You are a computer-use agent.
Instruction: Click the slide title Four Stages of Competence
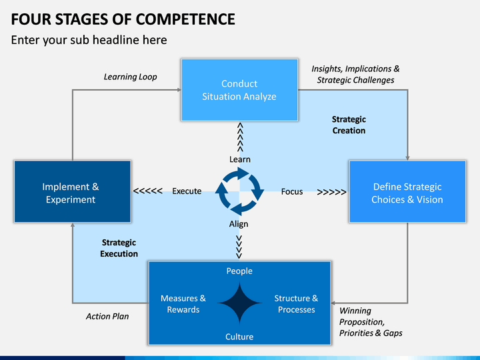[x=123, y=18]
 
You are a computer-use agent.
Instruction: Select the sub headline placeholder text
[x=89, y=40]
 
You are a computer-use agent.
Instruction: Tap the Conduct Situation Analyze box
[x=239, y=90]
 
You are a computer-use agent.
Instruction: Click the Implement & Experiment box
[x=71, y=193]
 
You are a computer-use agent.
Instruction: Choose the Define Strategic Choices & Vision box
[x=407, y=193]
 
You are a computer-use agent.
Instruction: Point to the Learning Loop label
[x=130, y=77]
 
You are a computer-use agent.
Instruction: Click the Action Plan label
[x=107, y=316]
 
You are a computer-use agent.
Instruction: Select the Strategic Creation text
[x=349, y=125]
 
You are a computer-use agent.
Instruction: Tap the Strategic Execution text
[x=119, y=248]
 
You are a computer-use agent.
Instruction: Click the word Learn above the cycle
[x=239, y=159]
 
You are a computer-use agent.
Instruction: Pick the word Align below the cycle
[x=239, y=224]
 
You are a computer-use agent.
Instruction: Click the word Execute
[x=187, y=191]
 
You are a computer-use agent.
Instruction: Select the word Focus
[x=291, y=191]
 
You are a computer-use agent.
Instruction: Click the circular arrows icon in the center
[x=239, y=191]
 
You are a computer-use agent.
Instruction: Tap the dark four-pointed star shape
[x=239, y=304]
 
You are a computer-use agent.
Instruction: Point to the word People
[x=239, y=271]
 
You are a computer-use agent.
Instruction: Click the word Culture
[x=239, y=337]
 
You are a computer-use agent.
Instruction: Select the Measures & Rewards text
[x=183, y=304]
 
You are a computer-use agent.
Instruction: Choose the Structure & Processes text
[x=296, y=304]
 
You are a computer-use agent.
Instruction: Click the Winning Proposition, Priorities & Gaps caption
[x=371, y=322]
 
